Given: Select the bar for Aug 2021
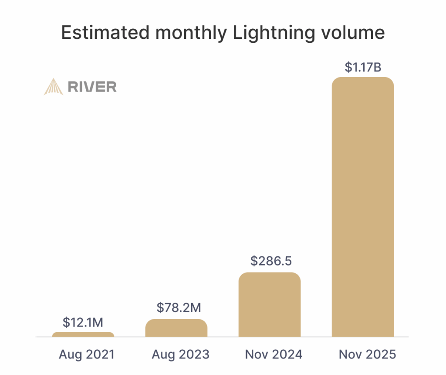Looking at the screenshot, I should [x=83, y=334].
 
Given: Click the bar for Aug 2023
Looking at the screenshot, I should [x=176, y=328].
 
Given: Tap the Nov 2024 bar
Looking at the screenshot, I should [x=270, y=305].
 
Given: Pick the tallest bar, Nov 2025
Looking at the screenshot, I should [x=363, y=207].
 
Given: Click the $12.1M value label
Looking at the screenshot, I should [x=83, y=322].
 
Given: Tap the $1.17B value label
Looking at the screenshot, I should [x=363, y=67].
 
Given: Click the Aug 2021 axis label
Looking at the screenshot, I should [x=87, y=354].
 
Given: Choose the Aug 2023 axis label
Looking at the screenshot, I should [x=180, y=354].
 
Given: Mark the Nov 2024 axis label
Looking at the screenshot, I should [x=274, y=354].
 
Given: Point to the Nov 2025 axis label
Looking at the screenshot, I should [x=367, y=354].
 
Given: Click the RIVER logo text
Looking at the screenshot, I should [x=92, y=87].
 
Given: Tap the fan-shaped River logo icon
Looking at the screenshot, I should [x=54, y=86].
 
